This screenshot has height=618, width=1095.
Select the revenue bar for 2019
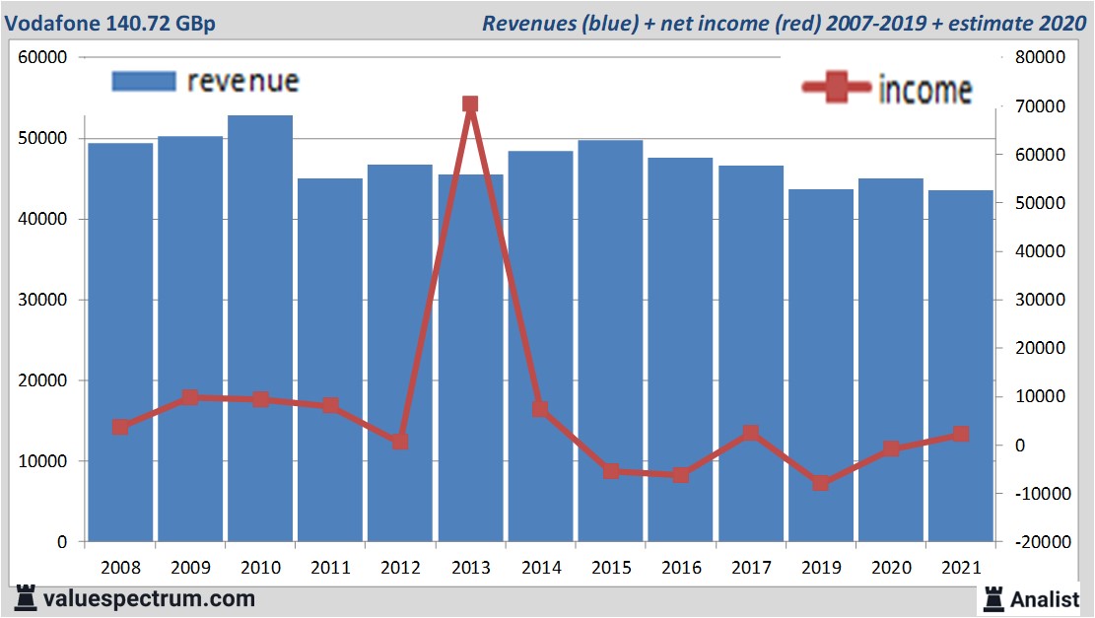click(820, 365)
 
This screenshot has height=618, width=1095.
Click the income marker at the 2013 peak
click(470, 104)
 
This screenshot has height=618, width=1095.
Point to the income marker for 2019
click(820, 483)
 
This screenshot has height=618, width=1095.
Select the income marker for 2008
click(120, 427)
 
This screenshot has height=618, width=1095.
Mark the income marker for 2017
click(750, 433)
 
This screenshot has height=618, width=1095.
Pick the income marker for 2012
click(400, 442)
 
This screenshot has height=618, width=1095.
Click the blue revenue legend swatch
click(143, 81)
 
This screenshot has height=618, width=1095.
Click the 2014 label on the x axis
click(540, 568)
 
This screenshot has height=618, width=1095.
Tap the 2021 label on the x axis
click(960, 568)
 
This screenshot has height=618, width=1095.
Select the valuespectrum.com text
click(149, 598)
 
